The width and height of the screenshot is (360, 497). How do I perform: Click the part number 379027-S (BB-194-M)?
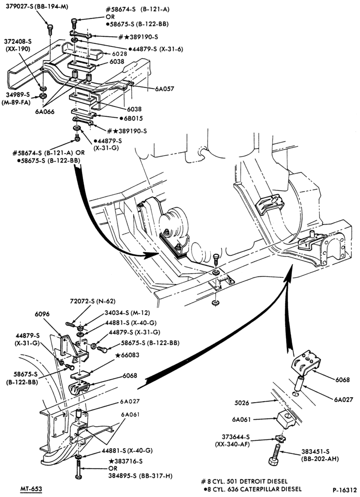[37, 6]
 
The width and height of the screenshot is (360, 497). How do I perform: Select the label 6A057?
[165, 89]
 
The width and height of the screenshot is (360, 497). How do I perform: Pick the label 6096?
[42, 314]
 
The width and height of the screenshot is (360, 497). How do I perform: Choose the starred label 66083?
[127, 355]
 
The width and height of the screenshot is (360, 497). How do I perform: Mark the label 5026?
[242, 403]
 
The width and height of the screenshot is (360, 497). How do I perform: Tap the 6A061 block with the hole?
[286, 419]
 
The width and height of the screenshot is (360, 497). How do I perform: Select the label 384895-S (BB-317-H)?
[141, 476]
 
